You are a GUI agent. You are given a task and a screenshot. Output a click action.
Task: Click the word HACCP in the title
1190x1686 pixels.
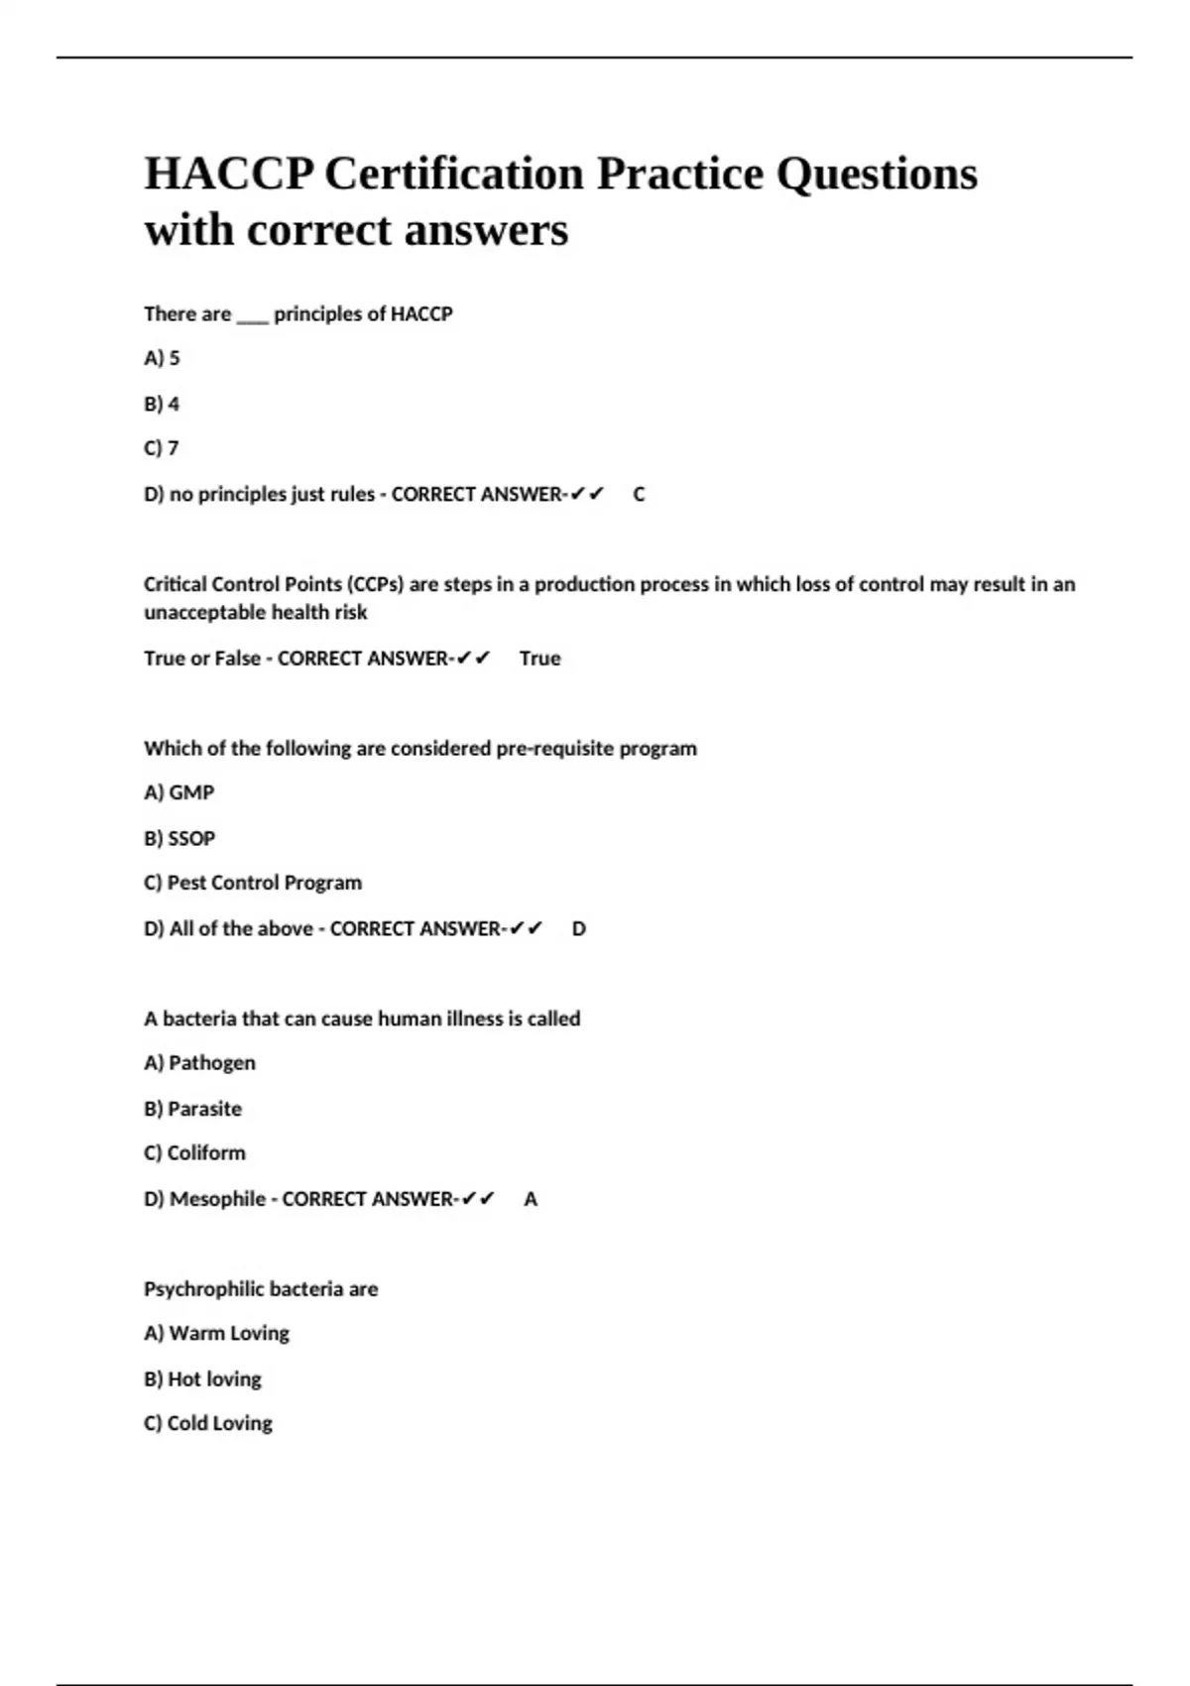coord(229,174)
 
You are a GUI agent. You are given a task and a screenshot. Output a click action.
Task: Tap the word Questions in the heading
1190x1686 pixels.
coord(877,174)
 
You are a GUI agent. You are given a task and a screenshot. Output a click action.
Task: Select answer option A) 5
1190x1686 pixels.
coord(162,358)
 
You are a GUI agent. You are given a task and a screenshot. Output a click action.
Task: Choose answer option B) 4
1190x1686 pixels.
coord(162,404)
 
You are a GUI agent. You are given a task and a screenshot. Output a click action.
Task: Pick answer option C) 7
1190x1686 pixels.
coord(162,448)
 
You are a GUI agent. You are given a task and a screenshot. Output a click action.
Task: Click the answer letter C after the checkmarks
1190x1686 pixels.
coord(639,494)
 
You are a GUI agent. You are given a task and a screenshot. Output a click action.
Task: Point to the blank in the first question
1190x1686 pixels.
coord(252,315)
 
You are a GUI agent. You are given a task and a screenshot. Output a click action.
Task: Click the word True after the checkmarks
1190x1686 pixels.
coord(539,659)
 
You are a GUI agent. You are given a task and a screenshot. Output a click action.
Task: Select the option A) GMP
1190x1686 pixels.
coord(178,792)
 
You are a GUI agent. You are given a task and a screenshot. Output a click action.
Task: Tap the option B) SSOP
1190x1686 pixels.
coord(179,838)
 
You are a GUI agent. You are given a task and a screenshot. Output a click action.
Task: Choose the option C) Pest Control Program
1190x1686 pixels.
coord(253,883)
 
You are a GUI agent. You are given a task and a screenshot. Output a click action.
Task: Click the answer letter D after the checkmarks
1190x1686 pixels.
coord(579,929)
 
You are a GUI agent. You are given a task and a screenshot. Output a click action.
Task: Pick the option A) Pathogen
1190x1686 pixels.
coord(199,1063)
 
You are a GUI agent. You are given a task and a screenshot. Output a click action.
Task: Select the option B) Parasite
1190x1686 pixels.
coord(192,1109)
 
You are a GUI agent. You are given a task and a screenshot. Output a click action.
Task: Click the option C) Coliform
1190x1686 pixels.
coord(194,1153)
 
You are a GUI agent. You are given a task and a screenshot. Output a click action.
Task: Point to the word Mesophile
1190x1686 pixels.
coord(217,1199)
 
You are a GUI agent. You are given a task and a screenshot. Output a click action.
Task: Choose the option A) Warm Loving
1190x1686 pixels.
coord(216,1333)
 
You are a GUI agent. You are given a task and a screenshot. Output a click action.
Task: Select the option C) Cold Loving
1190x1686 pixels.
coord(208,1423)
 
